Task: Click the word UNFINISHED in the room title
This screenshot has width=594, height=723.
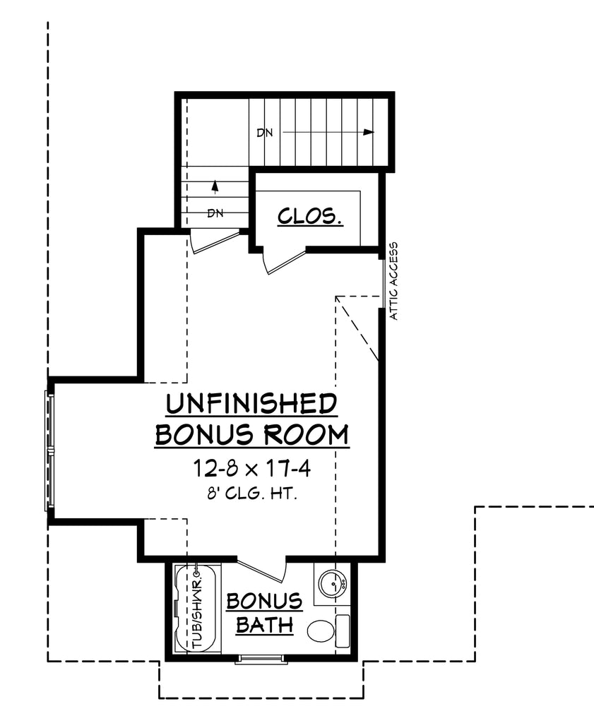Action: pyautogui.click(x=251, y=405)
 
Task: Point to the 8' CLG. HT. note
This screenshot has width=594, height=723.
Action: pyautogui.click(x=251, y=494)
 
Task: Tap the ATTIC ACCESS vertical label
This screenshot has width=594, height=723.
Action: pyautogui.click(x=394, y=281)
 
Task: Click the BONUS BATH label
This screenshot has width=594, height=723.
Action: pyautogui.click(x=264, y=613)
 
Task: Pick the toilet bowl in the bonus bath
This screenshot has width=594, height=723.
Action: pyautogui.click(x=321, y=629)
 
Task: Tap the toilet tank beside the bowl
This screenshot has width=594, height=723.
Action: pyautogui.click(x=342, y=629)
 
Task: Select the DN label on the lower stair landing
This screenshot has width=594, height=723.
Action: pyautogui.click(x=215, y=213)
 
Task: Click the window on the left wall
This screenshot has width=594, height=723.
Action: pyautogui.click(x=49, y=450)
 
